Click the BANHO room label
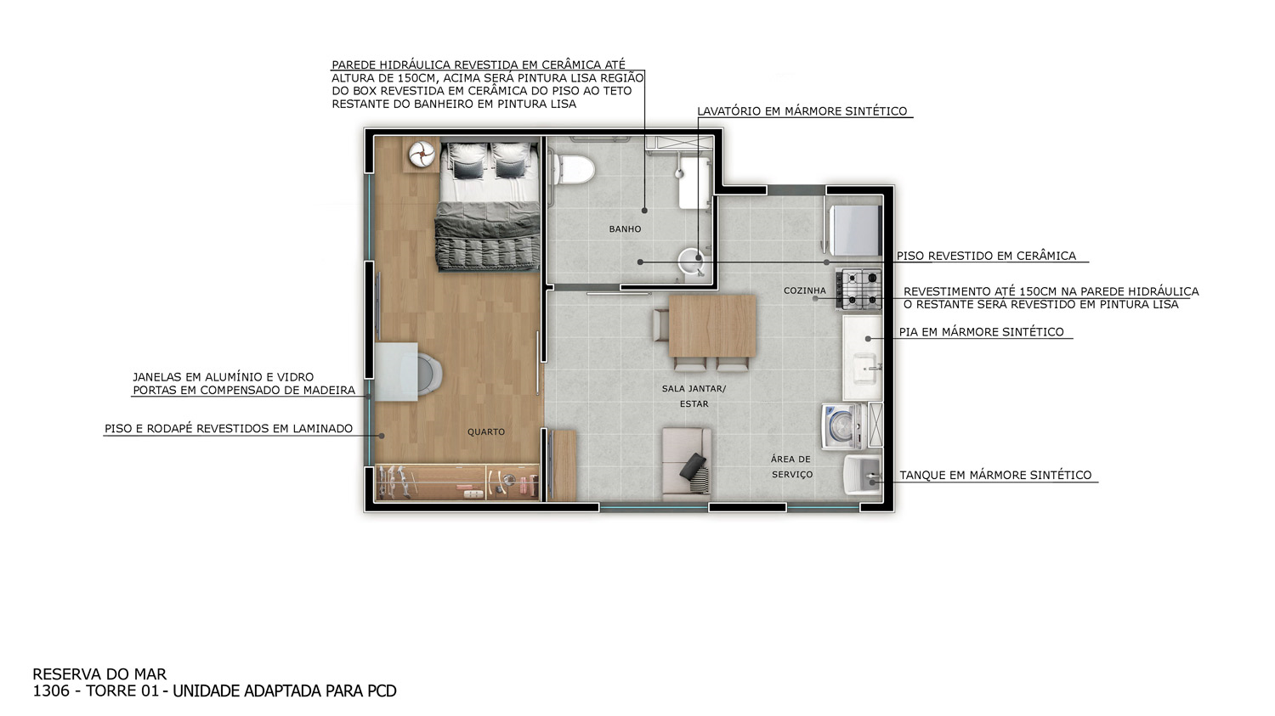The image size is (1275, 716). click(x=625, y=229)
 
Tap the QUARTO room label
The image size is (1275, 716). click(x=486, y=432)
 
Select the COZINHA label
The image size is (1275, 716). click(x=804, y=290)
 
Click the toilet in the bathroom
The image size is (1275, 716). click(x=575, y=170)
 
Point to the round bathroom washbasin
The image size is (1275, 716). click(x=692, y=262)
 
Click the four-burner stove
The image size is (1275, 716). click(x=858, y=290)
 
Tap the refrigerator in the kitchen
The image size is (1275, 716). click(x=855, y=230)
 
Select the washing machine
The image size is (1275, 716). click(x=844, y=426)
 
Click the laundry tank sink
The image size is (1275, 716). click(x=863, y=474)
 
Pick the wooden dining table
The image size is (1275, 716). click(x=712, y=326)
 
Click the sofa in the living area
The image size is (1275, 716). click(x=687, y=465)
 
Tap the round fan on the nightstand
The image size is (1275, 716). click(x=422, y=154)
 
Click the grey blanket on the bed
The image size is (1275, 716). click(x=487, y=236)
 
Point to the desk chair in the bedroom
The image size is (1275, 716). click(x=429, y=373)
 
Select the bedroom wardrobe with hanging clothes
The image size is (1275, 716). click(x=457, y=482)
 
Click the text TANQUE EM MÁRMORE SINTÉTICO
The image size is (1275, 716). click(x=995, y=475)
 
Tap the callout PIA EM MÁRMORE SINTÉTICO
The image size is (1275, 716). click(x=981, y=332)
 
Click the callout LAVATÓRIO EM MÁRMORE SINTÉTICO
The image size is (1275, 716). click(x=802, y=111)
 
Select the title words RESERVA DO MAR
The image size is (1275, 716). click(x=99, y=674)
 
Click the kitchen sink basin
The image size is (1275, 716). click(x=865, y=368)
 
